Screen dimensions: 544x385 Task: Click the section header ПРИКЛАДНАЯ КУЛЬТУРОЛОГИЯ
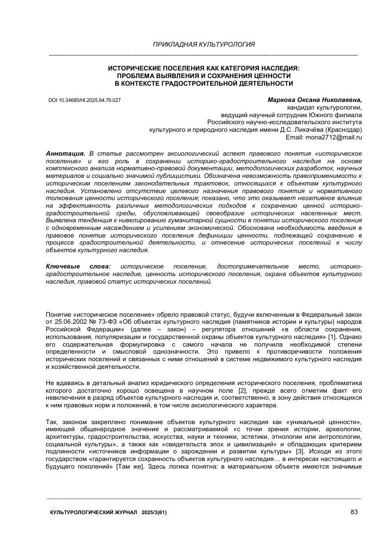tap(204, 44)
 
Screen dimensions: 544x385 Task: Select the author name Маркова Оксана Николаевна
tap(314, 100)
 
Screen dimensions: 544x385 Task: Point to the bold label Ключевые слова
tap(78, 267)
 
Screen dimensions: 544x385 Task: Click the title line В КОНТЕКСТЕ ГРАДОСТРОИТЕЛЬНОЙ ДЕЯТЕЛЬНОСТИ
tap(204, 84)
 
